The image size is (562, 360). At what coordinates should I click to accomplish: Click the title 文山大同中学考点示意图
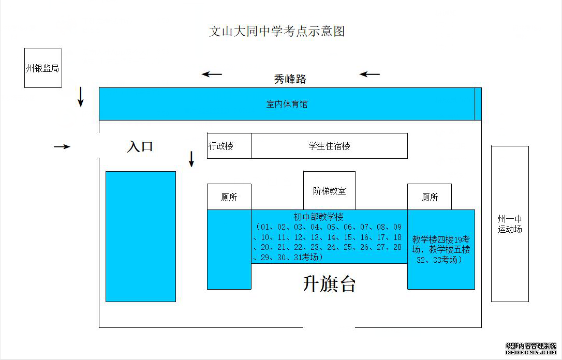coord(277,31)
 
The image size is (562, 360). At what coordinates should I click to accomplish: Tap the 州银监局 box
coord(43,68)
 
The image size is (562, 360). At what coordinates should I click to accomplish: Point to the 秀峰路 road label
coord(290,79)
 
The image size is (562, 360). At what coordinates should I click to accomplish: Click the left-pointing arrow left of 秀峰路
coord(212,74)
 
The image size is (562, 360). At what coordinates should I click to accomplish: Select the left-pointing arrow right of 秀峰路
coord(369,74)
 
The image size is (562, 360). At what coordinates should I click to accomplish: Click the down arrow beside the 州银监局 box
coord(81,97)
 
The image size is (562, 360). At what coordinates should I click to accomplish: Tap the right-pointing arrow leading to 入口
coord(62,146)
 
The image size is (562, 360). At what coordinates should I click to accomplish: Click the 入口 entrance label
coord(140,146)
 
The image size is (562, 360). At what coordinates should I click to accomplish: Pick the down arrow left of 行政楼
coord(191,159)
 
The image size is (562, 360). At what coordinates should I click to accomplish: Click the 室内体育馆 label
coord(287,104)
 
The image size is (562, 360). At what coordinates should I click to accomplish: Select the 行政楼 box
coord(229,146)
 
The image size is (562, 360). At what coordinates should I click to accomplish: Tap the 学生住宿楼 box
coord(330,146)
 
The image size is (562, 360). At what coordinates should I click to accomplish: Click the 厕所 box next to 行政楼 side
coord(229,197)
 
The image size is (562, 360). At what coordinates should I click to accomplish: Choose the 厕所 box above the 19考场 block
coord(430,197)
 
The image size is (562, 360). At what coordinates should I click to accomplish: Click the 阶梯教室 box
coord(330,190)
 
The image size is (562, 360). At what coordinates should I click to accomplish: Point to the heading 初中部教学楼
coord(319,217)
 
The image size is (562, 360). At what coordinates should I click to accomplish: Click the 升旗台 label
coord(330,283)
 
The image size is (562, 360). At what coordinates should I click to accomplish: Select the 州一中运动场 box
coord(510,224)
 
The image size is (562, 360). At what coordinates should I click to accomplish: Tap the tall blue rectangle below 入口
coord(141,236)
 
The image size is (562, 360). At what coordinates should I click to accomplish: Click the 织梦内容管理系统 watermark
coord(531,346)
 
